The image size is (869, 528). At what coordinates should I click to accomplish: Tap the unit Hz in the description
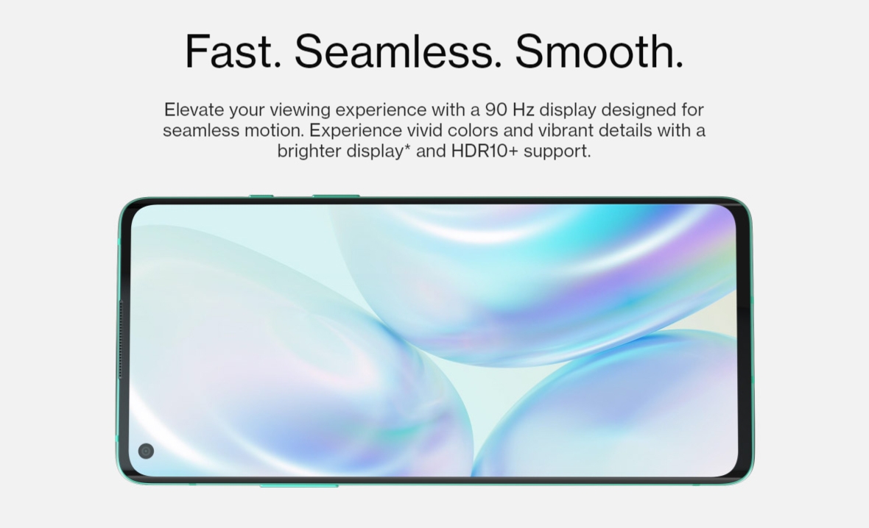tap(523, 110)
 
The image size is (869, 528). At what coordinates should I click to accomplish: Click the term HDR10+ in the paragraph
tap(485, 151)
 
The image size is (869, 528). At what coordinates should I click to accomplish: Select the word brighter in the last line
tap(309, 151)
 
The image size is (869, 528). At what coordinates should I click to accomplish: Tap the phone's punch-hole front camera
tap(146, 451)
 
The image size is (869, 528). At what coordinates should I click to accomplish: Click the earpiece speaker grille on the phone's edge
tap(120, 339)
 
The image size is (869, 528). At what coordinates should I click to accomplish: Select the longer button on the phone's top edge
tap(336, 196)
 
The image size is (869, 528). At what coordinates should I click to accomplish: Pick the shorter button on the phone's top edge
tap(261, 196)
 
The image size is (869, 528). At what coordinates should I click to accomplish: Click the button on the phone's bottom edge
tap(299, 485)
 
